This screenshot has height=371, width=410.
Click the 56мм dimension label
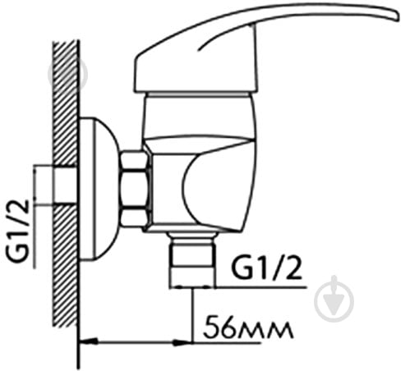tap(248, 327)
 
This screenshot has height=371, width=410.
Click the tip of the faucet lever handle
tap(398, 15)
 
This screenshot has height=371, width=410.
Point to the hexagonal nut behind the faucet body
tap(135, 189)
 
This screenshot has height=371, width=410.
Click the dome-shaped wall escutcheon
tap(99, 189)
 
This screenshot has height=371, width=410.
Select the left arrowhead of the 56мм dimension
tap(88, 341)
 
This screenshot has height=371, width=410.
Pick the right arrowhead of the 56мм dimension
tap(182, 342)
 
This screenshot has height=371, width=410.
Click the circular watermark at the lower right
tap(334, 299)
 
